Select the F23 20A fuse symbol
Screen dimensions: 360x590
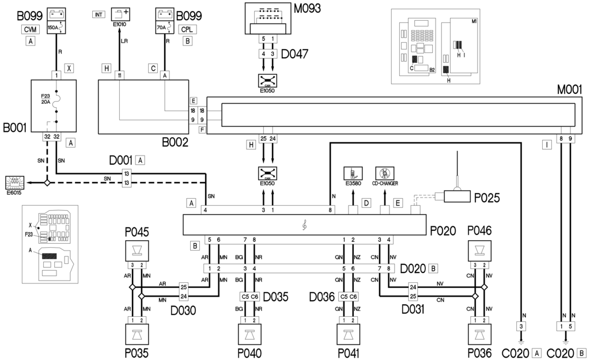click(56, 99)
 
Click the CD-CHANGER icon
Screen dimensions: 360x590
click(384, 173)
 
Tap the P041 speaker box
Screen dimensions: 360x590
click(348, 335)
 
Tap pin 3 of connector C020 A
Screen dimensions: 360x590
click(521, 327)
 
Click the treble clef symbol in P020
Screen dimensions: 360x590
click(304, 225)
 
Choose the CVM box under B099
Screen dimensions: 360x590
click(31, 29)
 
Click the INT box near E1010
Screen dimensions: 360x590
click(99, 14)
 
